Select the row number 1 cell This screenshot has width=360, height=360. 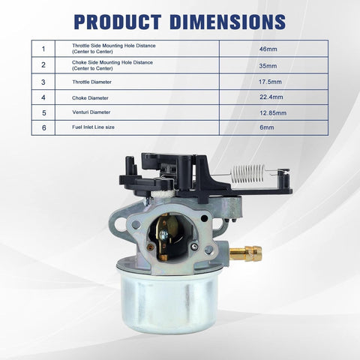click(43, 49)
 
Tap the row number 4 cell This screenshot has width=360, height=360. click(43, 97)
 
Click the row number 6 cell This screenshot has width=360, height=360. click(43, 129)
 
